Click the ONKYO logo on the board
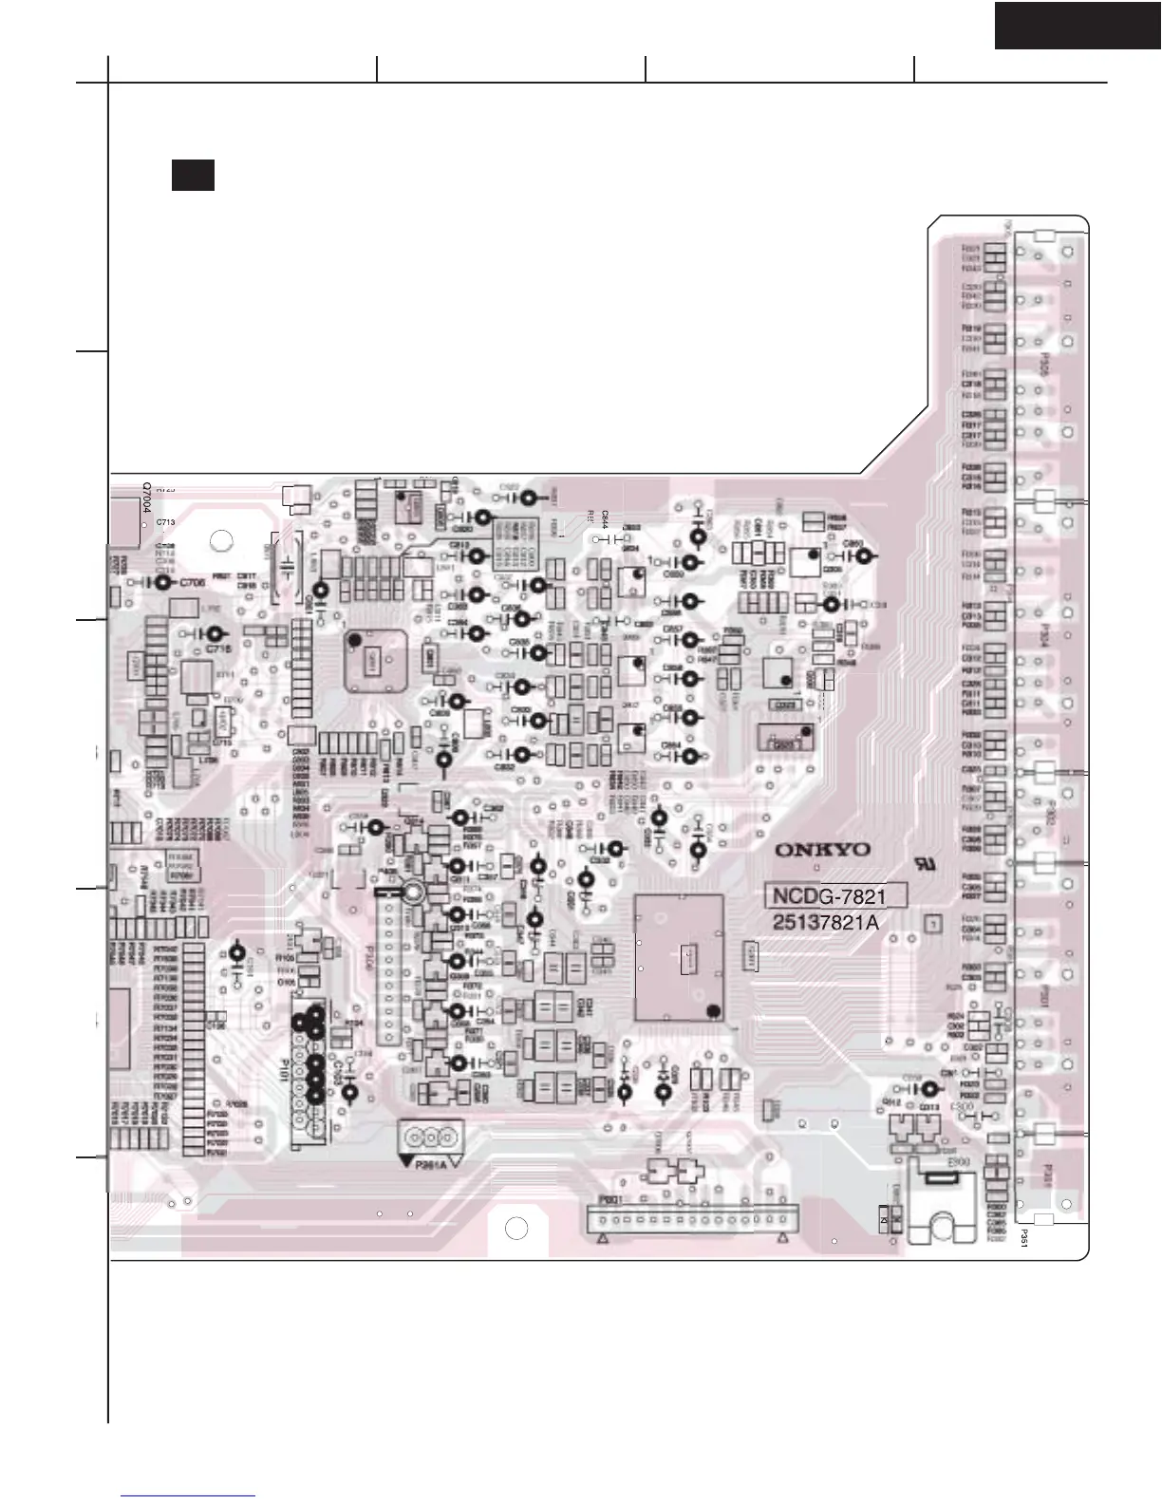821,849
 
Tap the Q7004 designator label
147,498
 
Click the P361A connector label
431,1167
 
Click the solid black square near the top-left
192,175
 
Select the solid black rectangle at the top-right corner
1078,24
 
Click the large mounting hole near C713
221,541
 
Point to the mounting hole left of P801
515,1227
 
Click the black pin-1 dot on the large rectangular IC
711,1009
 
